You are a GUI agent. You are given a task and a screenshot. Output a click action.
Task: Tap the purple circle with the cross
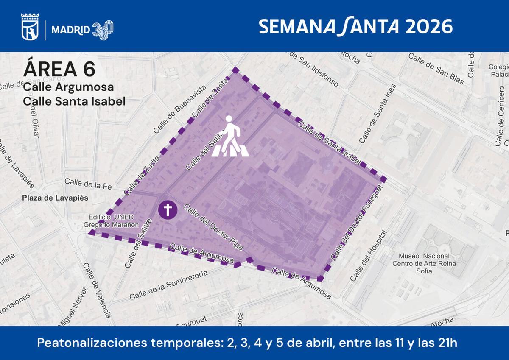click(168, 209)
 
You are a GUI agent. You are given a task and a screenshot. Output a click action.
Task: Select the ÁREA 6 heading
click(59, 69)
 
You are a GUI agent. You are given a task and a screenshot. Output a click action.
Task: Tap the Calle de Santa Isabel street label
click(330, 143)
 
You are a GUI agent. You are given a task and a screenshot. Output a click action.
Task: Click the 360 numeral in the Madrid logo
click(103, 30)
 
